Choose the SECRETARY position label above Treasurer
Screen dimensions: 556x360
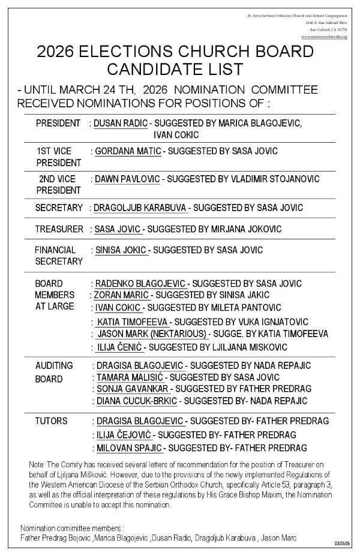59,208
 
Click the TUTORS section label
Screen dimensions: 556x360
52,421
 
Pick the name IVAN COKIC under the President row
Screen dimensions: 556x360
177,135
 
